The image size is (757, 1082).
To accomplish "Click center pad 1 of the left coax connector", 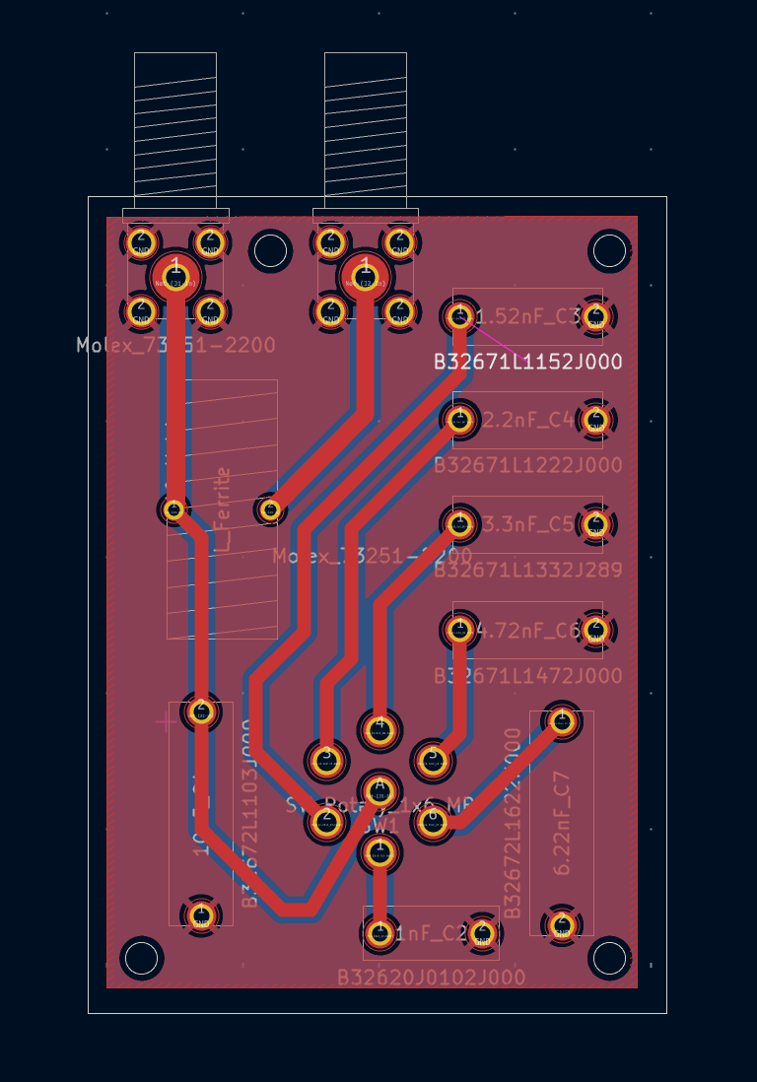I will click(x=175, y=275).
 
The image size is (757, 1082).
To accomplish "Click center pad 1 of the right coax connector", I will click(x=366, y=275).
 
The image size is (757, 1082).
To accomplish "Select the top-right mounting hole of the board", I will click(x=609, y=251).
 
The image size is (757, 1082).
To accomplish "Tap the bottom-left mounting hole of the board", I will click(x=141, y=957).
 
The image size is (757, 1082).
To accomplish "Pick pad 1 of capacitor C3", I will click(x=458, y=316).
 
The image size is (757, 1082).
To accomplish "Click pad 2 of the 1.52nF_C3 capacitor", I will click(x=594, y=316).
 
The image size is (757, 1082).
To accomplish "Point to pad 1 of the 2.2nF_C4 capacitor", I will click(x=458, y=420).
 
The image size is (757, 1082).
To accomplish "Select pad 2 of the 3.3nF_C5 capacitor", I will click(x=594, y=524).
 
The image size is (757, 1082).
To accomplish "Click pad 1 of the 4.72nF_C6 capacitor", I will click(x=458, y=629).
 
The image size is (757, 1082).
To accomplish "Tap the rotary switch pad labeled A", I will click(x=378, y=789).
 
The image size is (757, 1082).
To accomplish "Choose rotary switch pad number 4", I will click(x=378, y=728).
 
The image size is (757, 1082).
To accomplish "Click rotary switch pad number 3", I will click(x=326, y=758).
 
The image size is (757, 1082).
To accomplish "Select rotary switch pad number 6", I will click(x=432, y=820).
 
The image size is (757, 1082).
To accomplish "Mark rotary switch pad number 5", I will click(x=432, y=758).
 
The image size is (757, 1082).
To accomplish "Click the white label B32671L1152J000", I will click(x=528, y=362).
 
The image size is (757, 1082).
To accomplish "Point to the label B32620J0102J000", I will click(x=431, y=978).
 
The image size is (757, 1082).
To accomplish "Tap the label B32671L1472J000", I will click(x=528, y=675).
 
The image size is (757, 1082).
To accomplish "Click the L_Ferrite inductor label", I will click(x=224, y=509).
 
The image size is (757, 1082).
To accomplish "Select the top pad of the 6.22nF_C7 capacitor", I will click(x=562, y=722).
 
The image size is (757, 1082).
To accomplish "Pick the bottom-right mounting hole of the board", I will click(x=609, y=957).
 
